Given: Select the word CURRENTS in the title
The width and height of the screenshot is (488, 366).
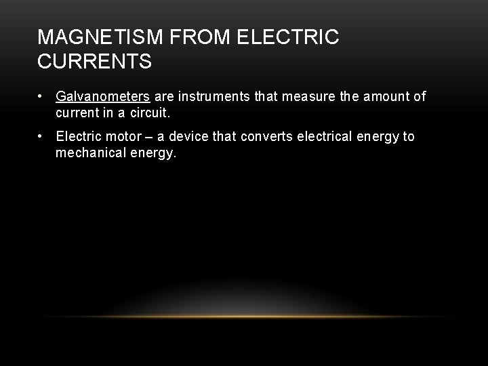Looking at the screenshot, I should [x=95, y=62].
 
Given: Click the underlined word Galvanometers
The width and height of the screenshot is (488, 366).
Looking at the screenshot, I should [x=103, y=97].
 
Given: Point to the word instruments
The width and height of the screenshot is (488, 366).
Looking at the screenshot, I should [x=213, y=97].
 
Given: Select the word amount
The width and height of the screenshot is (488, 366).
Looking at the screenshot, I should [x=385, y=97].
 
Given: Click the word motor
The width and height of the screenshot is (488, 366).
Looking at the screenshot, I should [x=123, y=137].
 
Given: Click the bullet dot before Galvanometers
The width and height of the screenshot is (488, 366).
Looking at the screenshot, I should [x=41, y=97].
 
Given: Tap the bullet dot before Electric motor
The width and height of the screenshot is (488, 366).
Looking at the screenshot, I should [x=41, y=137].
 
